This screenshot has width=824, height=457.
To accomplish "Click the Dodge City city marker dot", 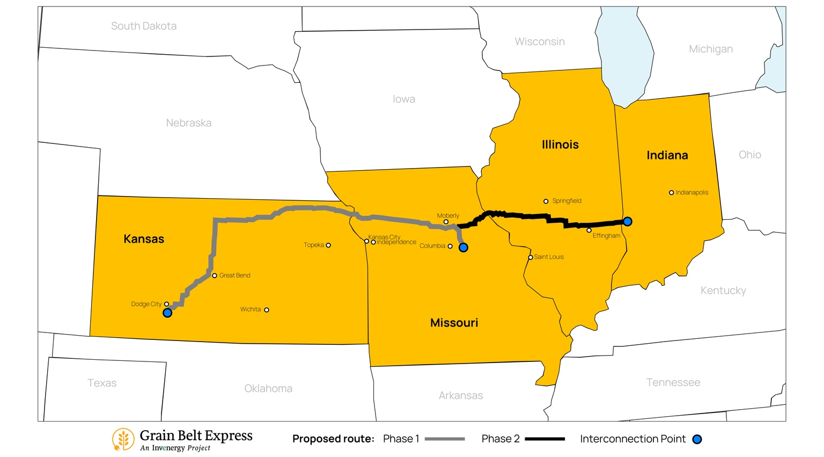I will pos(166,304).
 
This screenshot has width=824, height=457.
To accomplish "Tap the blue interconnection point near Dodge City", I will pos(167,313).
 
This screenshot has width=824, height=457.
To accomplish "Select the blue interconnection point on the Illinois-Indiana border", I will pos(627,221).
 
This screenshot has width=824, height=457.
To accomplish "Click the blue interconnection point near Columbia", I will pos(464,248).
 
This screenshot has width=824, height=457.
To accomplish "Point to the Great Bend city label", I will pos(234,275).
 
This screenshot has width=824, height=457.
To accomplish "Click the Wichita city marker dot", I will pos(267,310).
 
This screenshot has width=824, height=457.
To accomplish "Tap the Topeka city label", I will pos(313,245).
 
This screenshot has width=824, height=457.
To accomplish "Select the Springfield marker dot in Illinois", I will pos(546,201).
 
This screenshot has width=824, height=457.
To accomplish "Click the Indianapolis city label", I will pos(691,192).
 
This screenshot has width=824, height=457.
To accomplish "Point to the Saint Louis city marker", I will pos(530,257).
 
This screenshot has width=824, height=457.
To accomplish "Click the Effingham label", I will pos(606,236).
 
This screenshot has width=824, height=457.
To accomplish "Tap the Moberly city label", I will pos(448,216).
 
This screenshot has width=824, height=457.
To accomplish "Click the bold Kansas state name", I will pos(144,239).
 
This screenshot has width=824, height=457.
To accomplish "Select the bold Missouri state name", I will pos(454,323).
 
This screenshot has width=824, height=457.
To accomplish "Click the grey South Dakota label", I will pos(144,26).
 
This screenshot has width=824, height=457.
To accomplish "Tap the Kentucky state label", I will pos(723,291).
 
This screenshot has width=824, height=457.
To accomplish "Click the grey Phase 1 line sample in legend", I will pos(444,439).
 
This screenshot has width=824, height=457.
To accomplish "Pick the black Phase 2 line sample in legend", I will pos(545,439).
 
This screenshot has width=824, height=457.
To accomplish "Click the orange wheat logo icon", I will pos(123,439).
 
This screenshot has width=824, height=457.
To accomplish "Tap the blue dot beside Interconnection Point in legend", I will pos(697,439).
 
